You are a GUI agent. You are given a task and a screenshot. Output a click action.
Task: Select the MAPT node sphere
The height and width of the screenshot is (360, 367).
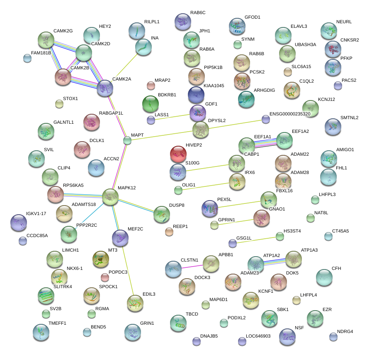[x=127, y=141]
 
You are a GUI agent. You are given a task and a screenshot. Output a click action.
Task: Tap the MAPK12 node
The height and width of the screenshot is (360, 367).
[x=110, y=197]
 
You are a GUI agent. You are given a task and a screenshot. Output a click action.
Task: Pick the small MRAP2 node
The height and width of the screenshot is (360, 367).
[x=151, y=86]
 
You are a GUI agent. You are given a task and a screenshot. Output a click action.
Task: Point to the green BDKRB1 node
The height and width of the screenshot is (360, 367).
[x=151, y=104]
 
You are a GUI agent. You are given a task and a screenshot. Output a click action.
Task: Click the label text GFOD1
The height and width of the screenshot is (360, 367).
[x=252, y=17]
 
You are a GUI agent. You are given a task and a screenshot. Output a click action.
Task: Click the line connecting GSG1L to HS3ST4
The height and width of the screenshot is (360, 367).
[x=256, y=240]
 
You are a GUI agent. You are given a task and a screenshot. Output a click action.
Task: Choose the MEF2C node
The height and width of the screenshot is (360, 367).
[x=120, y=238]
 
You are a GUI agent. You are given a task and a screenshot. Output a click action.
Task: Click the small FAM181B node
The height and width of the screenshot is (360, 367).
[x=27, y=58]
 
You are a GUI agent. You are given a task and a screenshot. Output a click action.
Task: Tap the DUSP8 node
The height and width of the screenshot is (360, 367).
[x=161, y=214]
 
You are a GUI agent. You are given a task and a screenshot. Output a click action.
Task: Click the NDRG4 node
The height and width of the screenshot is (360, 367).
[x=333, y=336]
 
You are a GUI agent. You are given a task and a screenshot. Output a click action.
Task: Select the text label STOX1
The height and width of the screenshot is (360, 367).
[x=70, y=99]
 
